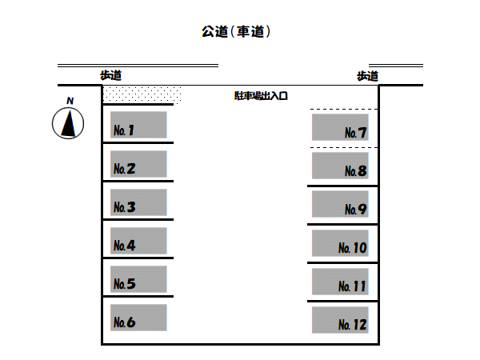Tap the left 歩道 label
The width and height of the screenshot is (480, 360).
pos(110,75)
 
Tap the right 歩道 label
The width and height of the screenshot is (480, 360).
pos(367,76)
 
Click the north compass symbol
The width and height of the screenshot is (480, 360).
pos(69,123)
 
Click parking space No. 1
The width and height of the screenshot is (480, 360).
pos(138,125)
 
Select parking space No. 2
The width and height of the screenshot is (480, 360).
pos(138,164)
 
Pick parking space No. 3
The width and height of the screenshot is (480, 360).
pos(138,202)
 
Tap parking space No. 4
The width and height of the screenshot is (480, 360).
pos(138,241)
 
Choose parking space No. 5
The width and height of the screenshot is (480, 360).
pos(138,279)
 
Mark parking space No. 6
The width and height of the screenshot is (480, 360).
pos(138,318)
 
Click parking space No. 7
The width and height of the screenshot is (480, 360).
pos(340,128)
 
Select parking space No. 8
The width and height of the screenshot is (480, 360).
pos(340,166)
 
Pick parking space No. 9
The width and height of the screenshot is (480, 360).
pos(340,205)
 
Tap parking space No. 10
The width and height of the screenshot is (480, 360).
pos(340,243)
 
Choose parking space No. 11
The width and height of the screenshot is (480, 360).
pos(340,282)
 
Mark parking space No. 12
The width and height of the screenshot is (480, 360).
pos(340,320)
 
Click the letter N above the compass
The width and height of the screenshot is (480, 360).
pos(70,101)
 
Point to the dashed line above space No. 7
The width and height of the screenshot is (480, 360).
pos(344,109)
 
